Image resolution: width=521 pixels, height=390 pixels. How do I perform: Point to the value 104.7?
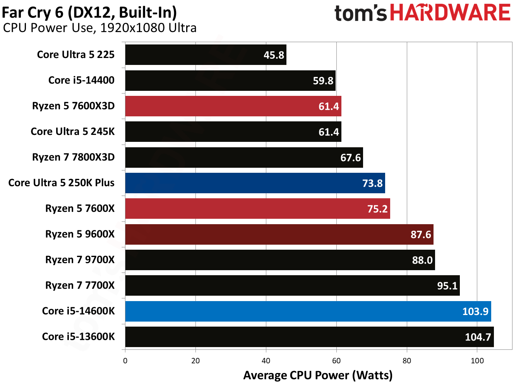pos(478,337)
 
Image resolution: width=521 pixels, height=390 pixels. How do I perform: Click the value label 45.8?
pos(274,55)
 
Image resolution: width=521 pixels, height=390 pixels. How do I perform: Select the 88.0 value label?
pos(422,260)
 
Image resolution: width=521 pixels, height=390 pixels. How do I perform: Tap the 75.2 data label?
pos(377,209)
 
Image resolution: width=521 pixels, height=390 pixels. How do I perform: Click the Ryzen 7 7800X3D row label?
pos(73,157)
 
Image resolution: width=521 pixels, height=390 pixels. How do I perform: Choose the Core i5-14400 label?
pos(81,80)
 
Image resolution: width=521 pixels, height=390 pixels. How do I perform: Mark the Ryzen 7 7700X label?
pos(80,285)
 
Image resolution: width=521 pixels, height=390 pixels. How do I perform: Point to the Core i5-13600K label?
pos(78,337)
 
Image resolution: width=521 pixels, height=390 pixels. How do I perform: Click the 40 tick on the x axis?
pos(266,361)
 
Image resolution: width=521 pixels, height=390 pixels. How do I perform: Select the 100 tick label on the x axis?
pos(477,361)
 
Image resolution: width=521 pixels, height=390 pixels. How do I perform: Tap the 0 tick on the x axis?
pos(125,361)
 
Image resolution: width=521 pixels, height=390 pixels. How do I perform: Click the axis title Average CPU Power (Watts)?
pos(318,375)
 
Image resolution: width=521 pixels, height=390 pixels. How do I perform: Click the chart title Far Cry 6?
pos(89,12)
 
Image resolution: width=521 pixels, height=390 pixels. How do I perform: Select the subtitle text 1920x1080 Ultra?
pos(148,28)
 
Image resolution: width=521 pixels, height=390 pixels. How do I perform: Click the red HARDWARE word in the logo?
pos(450,13)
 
